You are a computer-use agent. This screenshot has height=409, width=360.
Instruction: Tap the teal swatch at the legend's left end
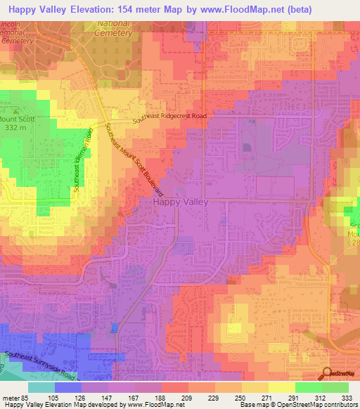coord(41,387)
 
